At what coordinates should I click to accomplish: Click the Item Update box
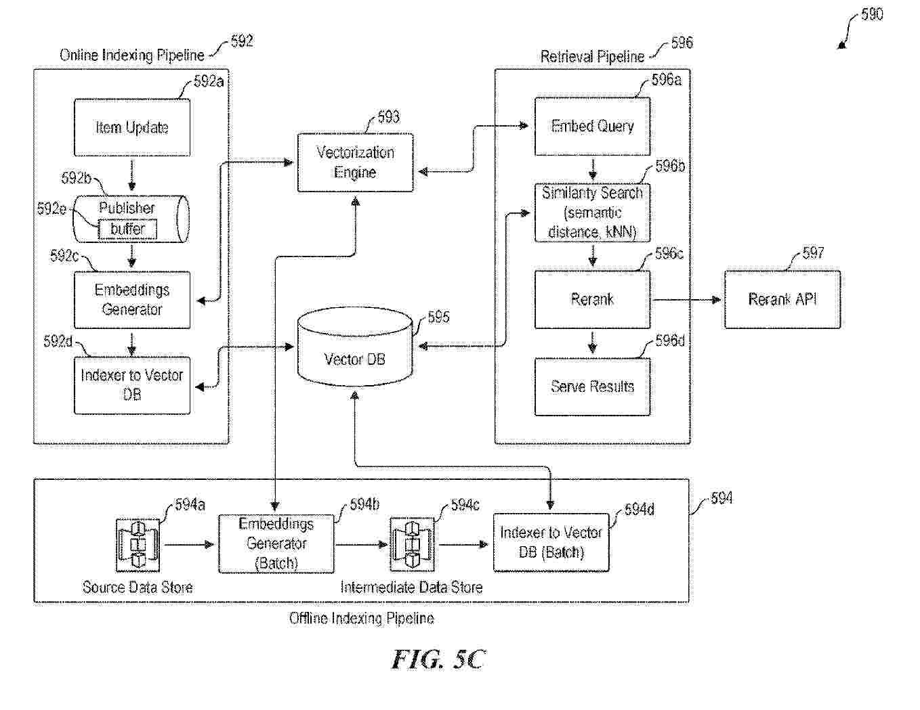132,128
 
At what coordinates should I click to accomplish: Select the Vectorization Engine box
355,162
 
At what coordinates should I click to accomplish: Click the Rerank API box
782,299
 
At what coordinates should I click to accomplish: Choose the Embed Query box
592,127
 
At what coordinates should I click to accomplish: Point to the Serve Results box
592,386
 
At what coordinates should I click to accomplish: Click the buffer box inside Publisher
127,229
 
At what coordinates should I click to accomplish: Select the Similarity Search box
592,213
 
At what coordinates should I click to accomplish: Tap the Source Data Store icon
138,544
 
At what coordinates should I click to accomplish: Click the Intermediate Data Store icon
412,544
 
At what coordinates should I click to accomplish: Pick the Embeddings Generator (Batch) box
276,543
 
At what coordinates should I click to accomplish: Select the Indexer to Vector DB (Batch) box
551,543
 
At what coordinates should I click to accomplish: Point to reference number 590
871,14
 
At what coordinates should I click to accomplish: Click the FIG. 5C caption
438,659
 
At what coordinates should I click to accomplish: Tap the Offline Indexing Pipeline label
361,618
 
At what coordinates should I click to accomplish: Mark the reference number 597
813,253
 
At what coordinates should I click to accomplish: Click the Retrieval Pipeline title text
592,57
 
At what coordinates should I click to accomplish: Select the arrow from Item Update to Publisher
132,175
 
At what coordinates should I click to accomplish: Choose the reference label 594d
639,510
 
